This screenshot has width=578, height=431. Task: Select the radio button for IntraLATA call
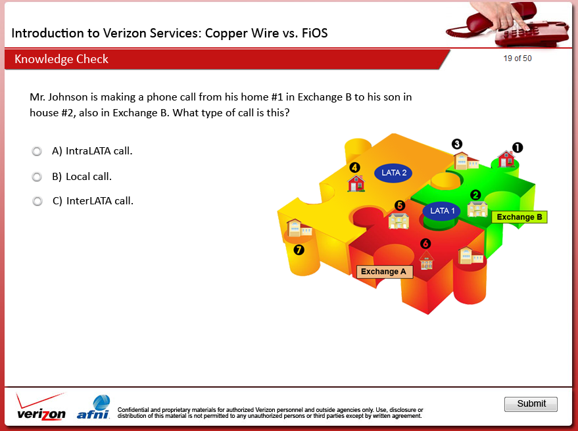point(37,151)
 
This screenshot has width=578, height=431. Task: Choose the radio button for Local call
point(37,177)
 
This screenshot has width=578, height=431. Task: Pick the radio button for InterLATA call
point(37,201)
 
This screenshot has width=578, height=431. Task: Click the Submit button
point(531,404)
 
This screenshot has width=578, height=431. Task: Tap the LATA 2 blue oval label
point(393,173)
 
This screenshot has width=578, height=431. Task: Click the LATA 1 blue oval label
point(442,211)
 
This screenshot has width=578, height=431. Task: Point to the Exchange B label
point(519,217)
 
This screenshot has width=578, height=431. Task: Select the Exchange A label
point(385,272)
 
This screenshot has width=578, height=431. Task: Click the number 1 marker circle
point(518,148)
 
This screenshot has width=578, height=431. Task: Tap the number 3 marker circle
point(457,144)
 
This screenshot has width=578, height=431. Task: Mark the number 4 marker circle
point(354,168)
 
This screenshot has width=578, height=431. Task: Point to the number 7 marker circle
point(299,250)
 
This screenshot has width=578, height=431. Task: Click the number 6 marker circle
point(425,244)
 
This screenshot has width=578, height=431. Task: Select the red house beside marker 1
point(506,159)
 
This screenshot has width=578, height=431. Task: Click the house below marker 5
point(399,220)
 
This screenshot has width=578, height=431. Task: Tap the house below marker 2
point(477,209)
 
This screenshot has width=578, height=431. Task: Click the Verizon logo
point(41,407)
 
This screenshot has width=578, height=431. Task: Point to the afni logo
point(93,407)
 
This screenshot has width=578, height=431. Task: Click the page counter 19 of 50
point(518,58)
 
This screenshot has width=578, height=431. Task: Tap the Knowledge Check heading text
point(61,59)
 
